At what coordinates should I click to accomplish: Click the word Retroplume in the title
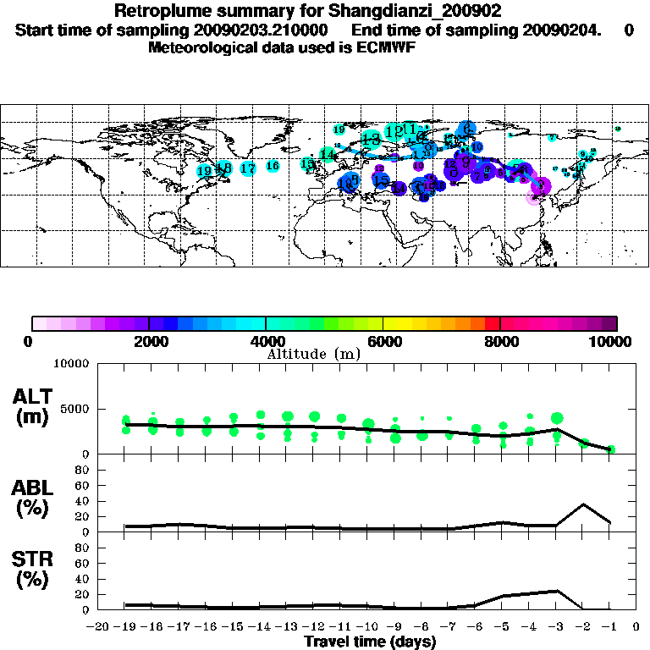tap(159, 12)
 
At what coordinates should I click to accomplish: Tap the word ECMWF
tap(389, 47)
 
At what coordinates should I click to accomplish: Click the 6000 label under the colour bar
tap(383, 341)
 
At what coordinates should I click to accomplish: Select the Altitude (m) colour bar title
tap(313, 355)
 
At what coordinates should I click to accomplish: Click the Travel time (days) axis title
tap(370, 642)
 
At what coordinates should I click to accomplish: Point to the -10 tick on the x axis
tap(368, 627)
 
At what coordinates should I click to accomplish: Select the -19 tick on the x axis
tap(126, 627)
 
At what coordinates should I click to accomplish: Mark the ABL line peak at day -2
tap(583, 504)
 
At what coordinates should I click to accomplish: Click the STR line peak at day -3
tap(556, 591)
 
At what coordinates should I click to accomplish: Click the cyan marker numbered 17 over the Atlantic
tap(247, 168)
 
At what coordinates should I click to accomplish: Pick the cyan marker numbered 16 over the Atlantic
tap(273, 166)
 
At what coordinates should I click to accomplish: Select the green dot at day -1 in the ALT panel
tap(610, 449)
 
